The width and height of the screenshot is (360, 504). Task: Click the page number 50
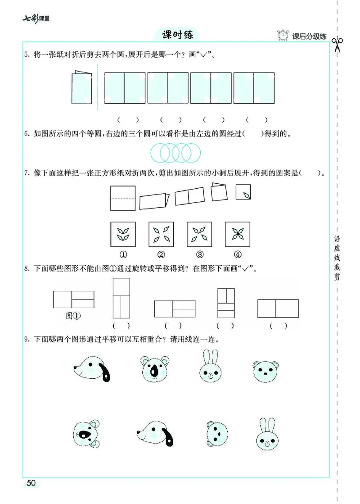[31, 483]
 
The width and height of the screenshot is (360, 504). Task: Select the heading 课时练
[174, 35]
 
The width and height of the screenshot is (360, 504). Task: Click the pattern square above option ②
[161, 234]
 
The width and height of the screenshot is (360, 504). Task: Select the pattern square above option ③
[199, 234]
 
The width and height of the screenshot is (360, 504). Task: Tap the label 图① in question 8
[73, 316]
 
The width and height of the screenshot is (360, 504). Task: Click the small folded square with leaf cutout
[243, 192]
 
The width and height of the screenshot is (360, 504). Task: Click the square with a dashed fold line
[122, 197]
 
